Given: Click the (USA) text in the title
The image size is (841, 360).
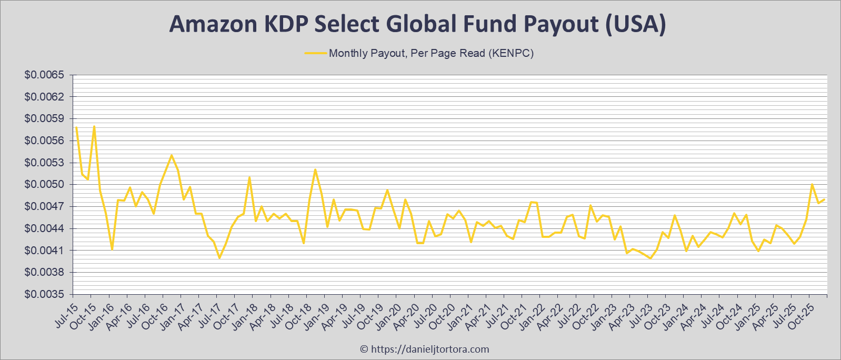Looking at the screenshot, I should pyautogui.click(x=636, y=24).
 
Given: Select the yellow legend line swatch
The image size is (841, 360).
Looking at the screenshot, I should pyautogui.click(x=315, y=53).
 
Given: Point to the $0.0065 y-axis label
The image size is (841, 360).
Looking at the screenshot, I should pyautogui.click(x=44, y=75).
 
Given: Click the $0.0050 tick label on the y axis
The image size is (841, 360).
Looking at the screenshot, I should pyautogui.click(x=44, y=185).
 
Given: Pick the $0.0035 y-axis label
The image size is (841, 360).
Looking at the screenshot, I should pyautogui.click(x=44, y=294).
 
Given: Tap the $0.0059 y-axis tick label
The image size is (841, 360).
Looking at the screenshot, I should pyautogui.click(x=44, y=119).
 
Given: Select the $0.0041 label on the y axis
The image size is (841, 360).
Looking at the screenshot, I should pyautogui.click(x=44, y=251).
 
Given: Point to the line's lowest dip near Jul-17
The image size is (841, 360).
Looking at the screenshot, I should pyautogui.click(x=219, y=257).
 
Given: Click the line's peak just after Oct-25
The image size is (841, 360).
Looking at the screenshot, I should pyautogui.click(x=812, y=184).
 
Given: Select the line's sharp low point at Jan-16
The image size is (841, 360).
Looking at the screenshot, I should pyautogui.click(x=112, y=249).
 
